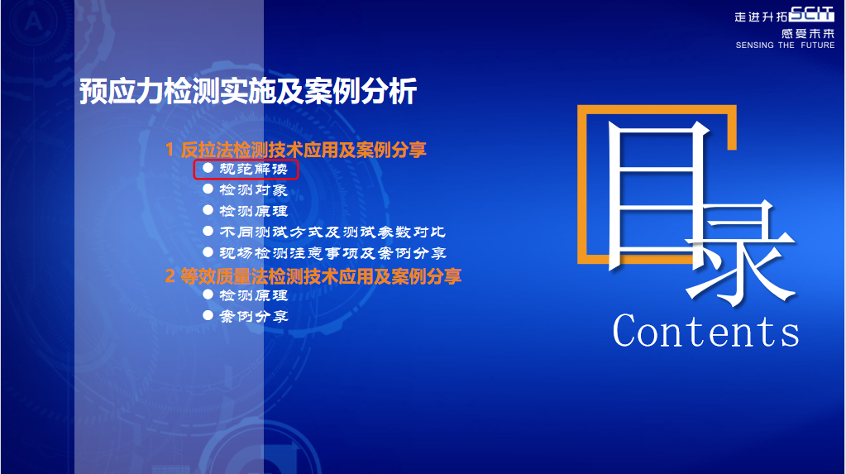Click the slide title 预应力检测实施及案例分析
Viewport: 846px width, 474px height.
click(248, 91)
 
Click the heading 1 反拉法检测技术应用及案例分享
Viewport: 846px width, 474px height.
click(296, 150)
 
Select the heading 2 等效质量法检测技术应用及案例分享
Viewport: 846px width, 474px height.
click(313, 275)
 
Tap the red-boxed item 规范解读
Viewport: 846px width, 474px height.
click(253, 169)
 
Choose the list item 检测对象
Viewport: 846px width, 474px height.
click(253, 189)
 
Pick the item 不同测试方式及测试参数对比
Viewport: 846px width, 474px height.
click(332, 232)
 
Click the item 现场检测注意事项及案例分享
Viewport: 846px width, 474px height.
click(332, 252)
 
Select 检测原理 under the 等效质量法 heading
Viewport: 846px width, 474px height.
click(253, 295)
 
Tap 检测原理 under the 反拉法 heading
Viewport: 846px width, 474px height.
click(253, 211)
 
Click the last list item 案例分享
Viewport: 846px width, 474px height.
click(253, 316)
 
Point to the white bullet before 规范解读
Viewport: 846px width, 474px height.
click(208, 168)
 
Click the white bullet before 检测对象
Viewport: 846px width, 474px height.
click(208, 189)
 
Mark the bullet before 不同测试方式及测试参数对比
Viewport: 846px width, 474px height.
click(208, 231)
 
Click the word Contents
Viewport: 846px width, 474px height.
click(705, 330)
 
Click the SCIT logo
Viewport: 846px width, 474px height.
click(811, 14)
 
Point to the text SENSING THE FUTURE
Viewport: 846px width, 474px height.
click(785, 45)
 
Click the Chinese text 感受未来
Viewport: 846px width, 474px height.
click(808, 33)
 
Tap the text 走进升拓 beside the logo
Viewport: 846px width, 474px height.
click(761, 17)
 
